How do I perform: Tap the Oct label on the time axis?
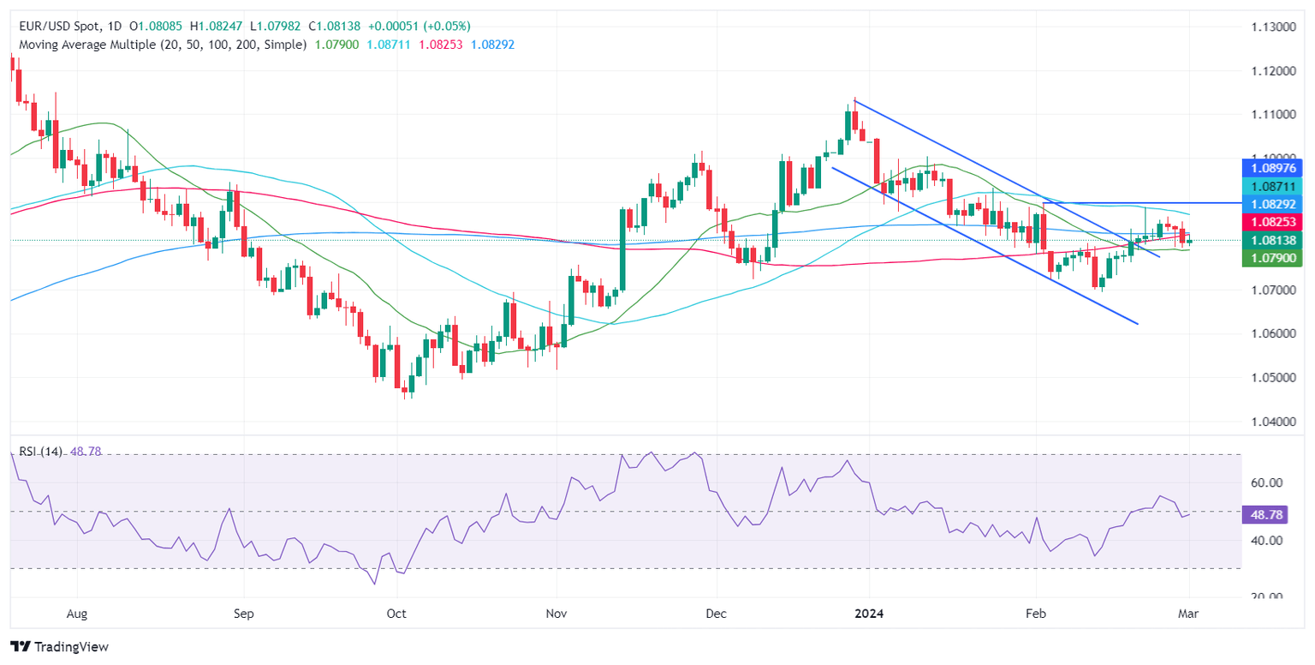[396, 614]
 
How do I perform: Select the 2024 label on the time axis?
[868, 614]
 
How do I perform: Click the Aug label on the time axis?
[77, 614]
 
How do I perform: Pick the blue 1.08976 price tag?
[1271, 167]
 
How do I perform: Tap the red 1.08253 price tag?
[1271, 222]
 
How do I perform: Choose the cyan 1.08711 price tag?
[1271, 185]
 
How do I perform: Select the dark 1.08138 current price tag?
[1271, 241]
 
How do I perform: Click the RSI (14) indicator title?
[39, 452]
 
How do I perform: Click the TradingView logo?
[59, 646]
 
